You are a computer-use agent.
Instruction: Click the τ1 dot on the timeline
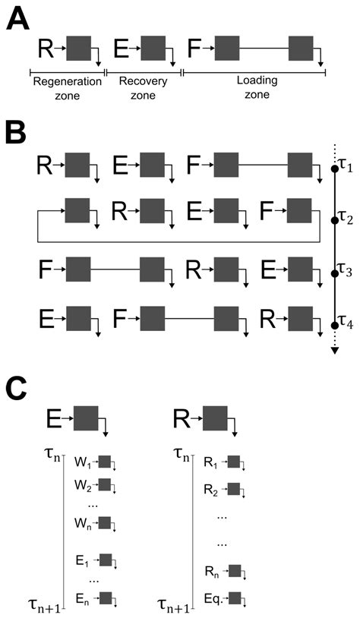(x=335, y=170)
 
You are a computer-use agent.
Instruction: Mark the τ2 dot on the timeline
(x=335, y=219)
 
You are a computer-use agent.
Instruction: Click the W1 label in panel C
(x=83, y=462)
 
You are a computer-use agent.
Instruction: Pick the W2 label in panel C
(x=83, y=486)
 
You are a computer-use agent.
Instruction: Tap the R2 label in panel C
(x=213, y=486)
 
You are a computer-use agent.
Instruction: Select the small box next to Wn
(x=106, y=522)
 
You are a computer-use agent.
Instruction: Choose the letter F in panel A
(x=194, y=51)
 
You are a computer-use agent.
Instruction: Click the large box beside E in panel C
(x=86, y=420)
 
